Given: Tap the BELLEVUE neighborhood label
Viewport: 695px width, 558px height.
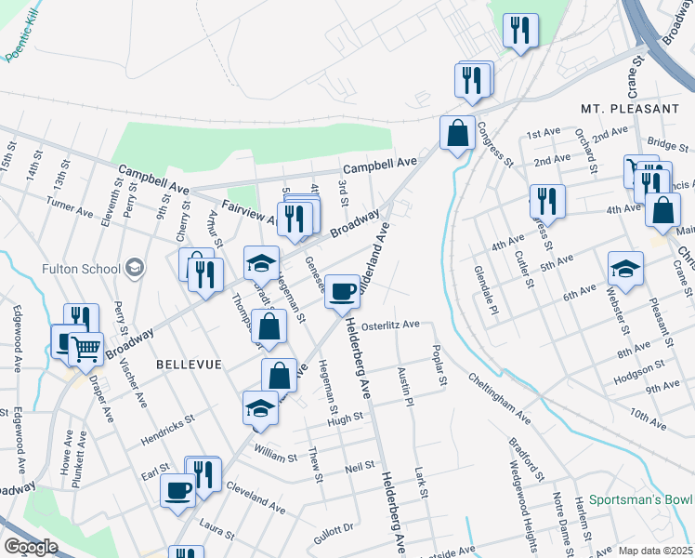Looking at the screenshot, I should [190, 365].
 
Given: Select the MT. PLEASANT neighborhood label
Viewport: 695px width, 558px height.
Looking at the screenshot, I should [630, 109].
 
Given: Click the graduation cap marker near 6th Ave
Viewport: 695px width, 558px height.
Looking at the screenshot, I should [625, 269].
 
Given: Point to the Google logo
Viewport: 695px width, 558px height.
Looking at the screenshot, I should [31, 547].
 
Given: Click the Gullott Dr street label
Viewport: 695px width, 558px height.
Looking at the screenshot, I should [334, 529].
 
